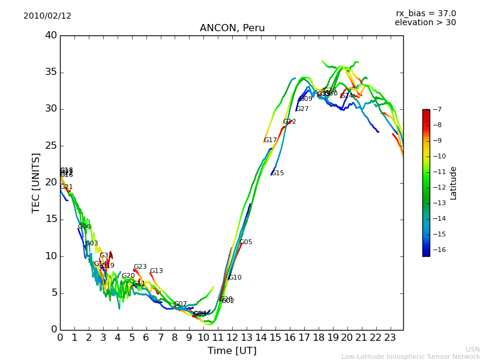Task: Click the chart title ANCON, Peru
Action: coord(232,28)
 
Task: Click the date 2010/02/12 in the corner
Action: coord(47,16)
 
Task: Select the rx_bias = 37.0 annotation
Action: coord(425,13)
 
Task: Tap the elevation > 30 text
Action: coord(425,23)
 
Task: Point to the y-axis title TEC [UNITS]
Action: coord(36,182)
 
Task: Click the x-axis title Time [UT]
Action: coord(232,351)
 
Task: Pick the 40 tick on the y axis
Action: coord(50,35)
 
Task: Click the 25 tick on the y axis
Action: coord(50,146)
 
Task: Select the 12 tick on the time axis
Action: coord(232,337)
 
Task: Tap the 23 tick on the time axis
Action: coord(390,337)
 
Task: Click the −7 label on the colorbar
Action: coord(436,109)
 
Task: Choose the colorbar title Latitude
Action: coord(454,183)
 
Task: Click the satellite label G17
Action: coord(270,140)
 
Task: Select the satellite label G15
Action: coord(277,173)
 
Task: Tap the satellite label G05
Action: coord(245,242)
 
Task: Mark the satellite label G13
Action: coord(156,271)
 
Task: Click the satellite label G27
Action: coord(302,109)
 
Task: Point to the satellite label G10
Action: coord(235,278)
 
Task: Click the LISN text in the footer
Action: coord(472,349)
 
